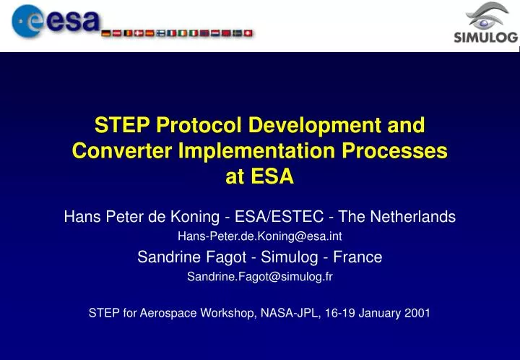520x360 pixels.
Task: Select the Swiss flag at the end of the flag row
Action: click(x=250, y=33)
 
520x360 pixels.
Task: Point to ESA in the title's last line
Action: click(x=270, y=177)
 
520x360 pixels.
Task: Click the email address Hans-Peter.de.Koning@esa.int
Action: click(x=260, y=235)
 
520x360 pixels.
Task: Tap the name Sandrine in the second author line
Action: click(x=165, y=257)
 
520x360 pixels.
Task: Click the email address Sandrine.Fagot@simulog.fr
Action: click(x=260, y=276)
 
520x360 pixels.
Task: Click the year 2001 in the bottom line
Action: click(x=415, y=313)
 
